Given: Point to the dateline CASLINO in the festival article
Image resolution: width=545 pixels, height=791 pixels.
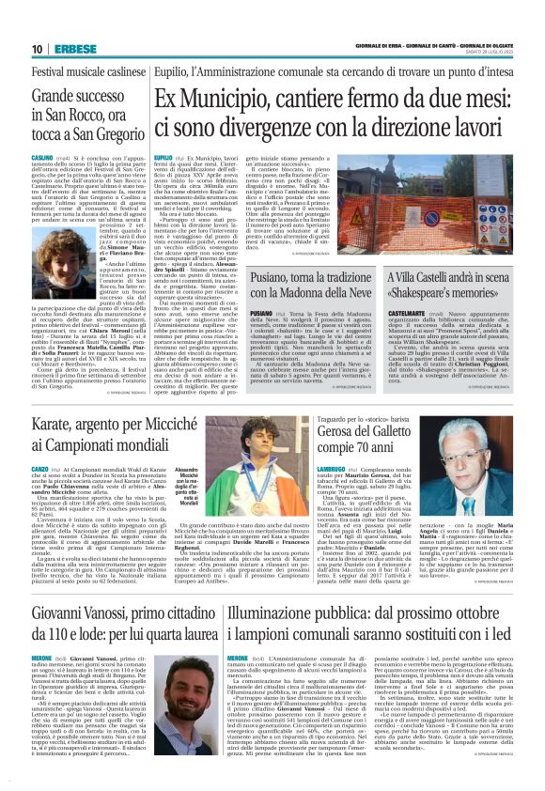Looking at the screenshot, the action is click(x=42, y=159).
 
